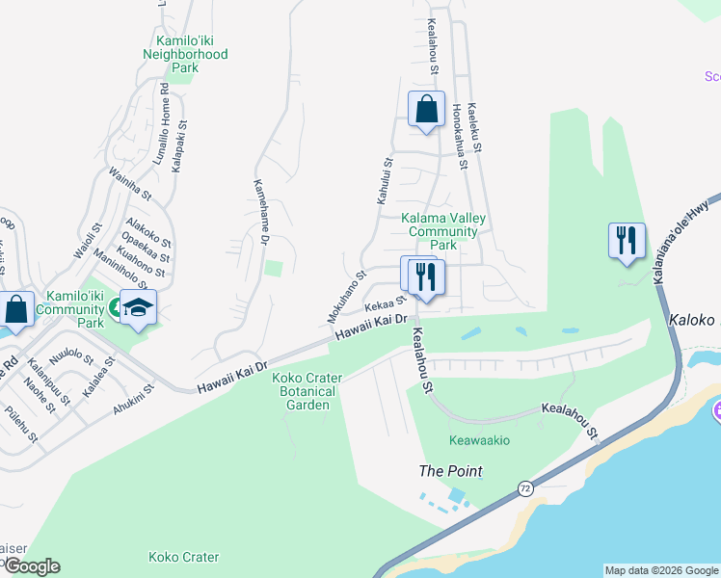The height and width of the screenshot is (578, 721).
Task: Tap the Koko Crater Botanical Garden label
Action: point(304,391)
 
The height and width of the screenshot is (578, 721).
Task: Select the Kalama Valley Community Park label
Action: point(443,231)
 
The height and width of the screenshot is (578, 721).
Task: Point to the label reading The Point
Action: point(450,471)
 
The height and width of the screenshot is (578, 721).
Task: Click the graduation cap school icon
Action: point(139,307)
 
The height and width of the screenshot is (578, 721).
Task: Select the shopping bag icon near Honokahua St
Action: point(426,109)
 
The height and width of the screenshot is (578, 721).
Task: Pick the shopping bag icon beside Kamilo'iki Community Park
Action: point(17,310)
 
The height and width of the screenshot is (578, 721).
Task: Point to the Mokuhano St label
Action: point(346,296)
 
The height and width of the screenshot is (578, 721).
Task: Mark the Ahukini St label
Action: point(133,400)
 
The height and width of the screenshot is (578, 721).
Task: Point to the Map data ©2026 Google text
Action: point(660,570)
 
